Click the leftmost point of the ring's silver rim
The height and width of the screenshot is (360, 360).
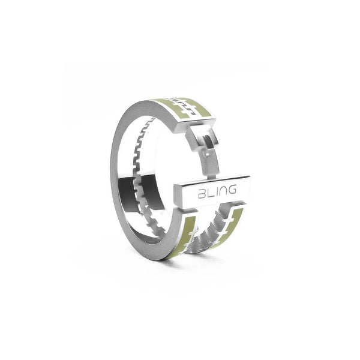pos(111,174)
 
